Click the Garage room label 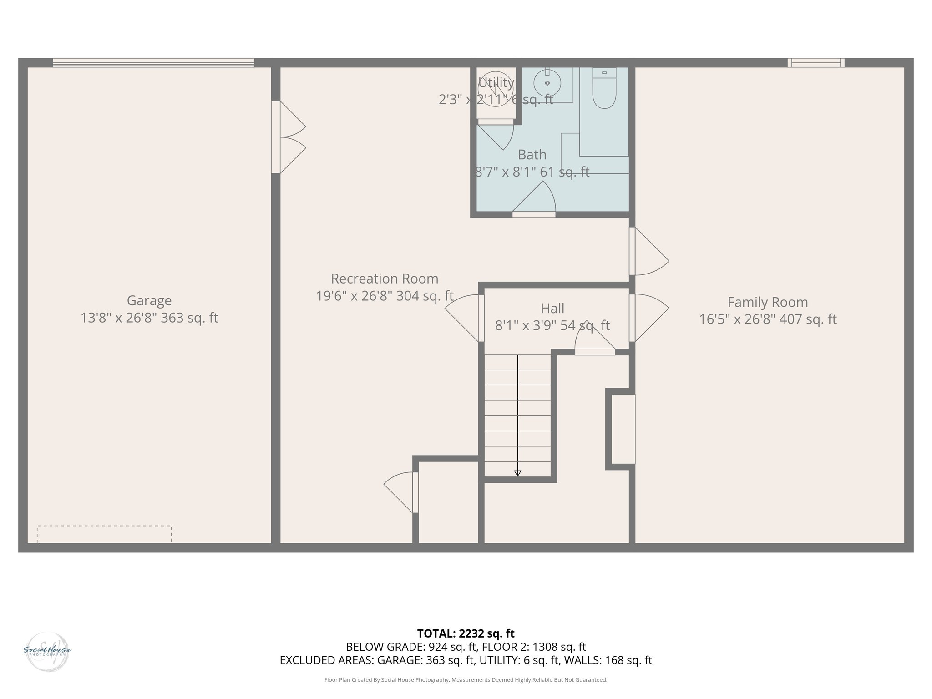pyautogui.click(x=149, y=300)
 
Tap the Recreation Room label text pyautogui.click(x=385, y=279)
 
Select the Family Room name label pyautogui.click(x=767, y=302)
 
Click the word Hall pyautogui.click(x=552, y=309)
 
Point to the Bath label pyautogui.click(x=532, y=155)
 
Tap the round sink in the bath pyautogui.click(x=547, y=83)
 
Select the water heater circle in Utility pyautogui.click(x=496, y=89)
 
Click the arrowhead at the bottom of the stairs pyautogui.click(x=517, y=473)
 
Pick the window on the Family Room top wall pyautogui.click(x=816, y=63)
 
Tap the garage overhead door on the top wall pyautogui.click(x=153, y=63)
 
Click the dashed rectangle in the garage pyautogui.click(x=104, y=534)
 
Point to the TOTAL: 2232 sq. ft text pyautogui.click(x=466, y=633)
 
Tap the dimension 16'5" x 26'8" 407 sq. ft pyautogui.click(x=767, y=319)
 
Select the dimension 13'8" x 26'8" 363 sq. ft pyautogui.click(x=149, y=318)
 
